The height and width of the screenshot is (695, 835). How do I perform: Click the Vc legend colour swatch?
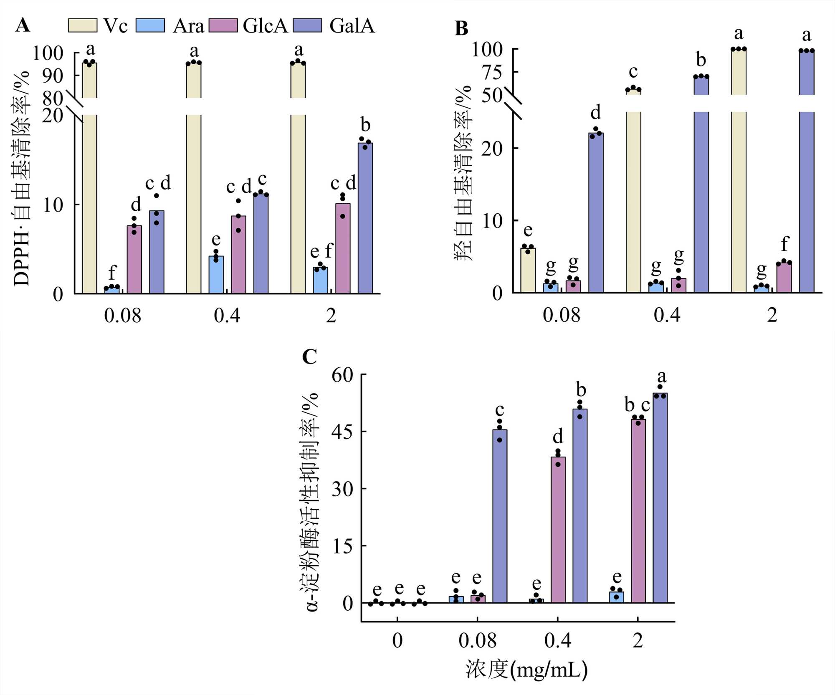coord(82,25)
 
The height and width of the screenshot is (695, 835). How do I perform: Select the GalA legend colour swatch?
coord(308,25)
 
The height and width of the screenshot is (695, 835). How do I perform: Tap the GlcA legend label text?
coord(265,26)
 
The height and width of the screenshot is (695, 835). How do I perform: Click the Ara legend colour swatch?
coord(150,25)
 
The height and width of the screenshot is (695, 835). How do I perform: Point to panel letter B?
coord(461,29)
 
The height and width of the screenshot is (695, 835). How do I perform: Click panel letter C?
coord(309,357)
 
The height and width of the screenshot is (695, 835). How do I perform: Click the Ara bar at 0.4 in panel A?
coord(216,275)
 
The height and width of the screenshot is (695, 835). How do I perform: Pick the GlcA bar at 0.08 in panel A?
coord(134,259)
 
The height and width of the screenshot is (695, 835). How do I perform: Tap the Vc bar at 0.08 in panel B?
coord(528,270)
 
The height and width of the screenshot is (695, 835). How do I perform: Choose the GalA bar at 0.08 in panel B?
coord(596,212)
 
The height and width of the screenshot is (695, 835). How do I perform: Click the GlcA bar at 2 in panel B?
coord(784,277)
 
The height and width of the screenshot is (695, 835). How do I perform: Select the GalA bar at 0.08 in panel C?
coord(500,516)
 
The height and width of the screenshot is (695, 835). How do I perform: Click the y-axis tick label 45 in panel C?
coord(342,432)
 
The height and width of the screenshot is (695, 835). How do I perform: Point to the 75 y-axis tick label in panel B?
coord(492,72)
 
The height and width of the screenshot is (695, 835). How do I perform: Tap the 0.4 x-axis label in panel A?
coord(227,316)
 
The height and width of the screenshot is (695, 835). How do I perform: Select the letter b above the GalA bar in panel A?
coord(365,125)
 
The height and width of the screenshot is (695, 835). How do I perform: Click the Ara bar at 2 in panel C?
coord(617,597)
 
